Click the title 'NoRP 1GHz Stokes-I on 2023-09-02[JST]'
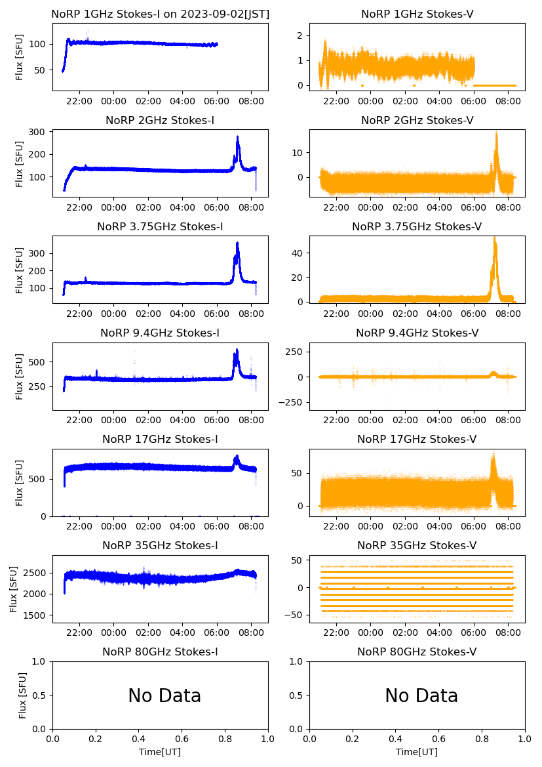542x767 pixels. [x=160, y=14]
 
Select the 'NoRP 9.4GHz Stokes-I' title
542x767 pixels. [x=160, y=333]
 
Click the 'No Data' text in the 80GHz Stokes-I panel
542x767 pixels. [x=165, y=695]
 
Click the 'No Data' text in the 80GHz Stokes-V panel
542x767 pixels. [x=421, y=695]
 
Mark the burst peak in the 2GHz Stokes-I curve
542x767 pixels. [x=237, y=137]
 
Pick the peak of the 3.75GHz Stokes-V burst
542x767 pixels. [x=494, y=238]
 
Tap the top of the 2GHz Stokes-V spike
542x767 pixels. [x=496, y=132]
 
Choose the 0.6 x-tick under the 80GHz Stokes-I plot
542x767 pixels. [x=182, y=739]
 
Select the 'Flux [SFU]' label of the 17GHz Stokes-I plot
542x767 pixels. [x=20, y=482]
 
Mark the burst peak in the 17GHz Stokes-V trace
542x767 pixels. [x=494, y=454]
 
